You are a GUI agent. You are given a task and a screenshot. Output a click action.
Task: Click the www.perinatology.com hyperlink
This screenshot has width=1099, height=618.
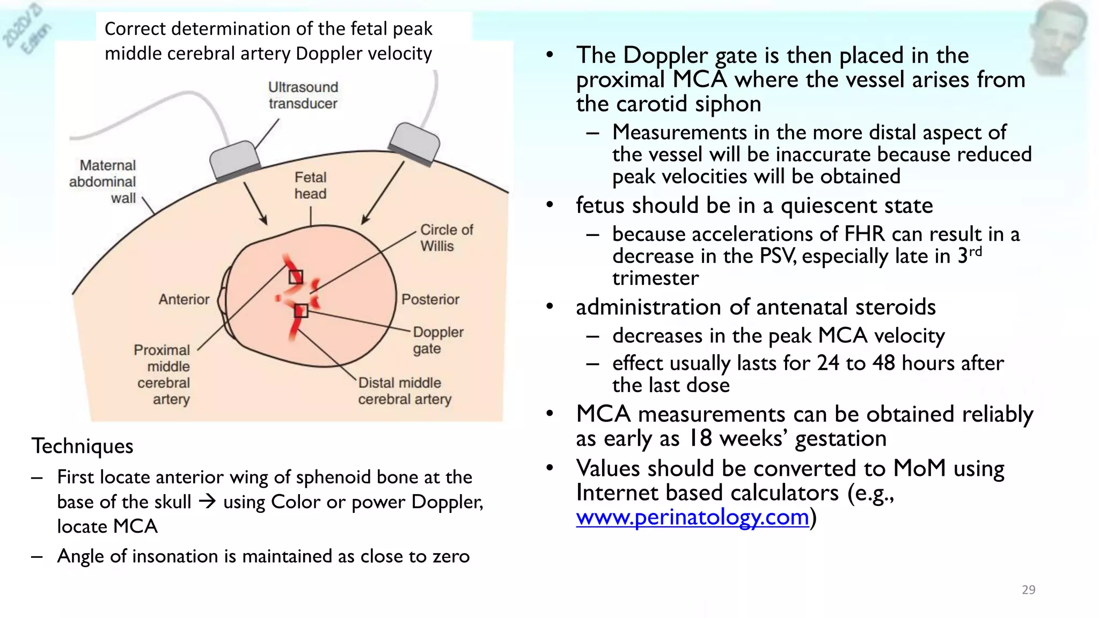pyautogui.click(x=692, y=517)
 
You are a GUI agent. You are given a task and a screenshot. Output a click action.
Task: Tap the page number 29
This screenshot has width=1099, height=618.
pyautogui.click(x=1028, y=590)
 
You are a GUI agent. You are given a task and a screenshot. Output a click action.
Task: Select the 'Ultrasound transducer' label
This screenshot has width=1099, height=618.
pyautogui.click(x=303, y=95)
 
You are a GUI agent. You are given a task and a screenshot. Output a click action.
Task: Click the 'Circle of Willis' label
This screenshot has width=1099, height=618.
pyautogui.click(x=446, y=238)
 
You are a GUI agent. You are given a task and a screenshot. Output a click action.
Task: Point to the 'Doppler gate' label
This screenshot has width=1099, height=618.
pyautogui.click(x=437, y=340)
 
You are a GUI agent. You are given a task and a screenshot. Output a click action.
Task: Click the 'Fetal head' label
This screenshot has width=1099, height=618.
pyautogui.click(x=310, y=186)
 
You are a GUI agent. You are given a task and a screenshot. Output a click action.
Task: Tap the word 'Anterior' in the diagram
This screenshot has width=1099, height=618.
pyautogui.click(x=184, y=299)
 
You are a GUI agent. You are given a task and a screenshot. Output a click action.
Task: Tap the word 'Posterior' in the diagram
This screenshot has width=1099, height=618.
pyautogui.click(x=430, y=299)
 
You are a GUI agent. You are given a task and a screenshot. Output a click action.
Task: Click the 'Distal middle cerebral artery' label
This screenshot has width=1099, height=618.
pyautogui.click(x=405, y=391)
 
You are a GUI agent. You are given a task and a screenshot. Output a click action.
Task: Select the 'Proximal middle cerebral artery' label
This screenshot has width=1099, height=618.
pyautogui.click(x=163, y=374)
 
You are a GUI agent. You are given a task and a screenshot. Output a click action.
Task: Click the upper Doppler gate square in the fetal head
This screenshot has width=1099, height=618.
pyautogui.click(x=296, y=277)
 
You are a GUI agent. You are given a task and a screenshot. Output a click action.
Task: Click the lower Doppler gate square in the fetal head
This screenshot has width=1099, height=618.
pyautogui.click(x=301, y=311)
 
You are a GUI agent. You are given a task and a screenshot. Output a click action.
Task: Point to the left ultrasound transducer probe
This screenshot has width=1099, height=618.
pyautogui.click(x=235, y=159)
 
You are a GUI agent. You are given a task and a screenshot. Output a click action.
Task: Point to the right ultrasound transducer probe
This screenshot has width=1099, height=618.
pyautogui.click(x=414, y=143)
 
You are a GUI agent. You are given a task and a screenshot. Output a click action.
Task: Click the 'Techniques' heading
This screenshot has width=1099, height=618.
pyautogui.click(x=82, y=446)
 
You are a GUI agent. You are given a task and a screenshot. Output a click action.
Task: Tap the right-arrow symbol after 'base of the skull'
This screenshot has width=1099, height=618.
pyautogui.click(x=207, y=502)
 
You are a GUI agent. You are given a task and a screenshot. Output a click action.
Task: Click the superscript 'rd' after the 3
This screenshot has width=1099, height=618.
pyautogui.click(x=975, y=251)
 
